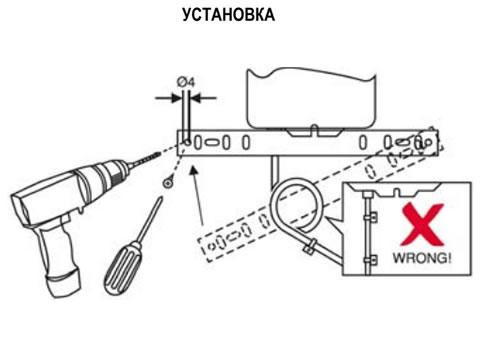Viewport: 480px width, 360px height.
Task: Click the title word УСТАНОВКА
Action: click(229, 15)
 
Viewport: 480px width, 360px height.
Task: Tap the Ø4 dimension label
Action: click(186, 82)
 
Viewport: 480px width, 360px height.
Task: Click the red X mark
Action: click(423, 224)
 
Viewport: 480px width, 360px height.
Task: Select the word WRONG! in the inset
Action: click(422, 258)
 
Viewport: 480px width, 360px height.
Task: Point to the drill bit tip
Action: click(159, 153)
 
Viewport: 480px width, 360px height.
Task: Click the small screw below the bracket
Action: click(167, 182)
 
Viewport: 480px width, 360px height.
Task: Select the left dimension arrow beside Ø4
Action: click(169, 98)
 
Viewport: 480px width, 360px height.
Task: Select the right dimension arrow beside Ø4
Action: click(203, 98)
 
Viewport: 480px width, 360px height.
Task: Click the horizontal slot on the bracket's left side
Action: click(211, 143)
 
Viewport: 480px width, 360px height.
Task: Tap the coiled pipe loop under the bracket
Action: click(295, 204)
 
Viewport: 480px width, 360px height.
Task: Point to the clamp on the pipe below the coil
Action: click(308, 246)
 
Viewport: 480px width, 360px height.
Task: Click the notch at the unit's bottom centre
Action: click(313, 130)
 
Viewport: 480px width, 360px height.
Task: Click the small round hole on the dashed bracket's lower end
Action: click(211, 247)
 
